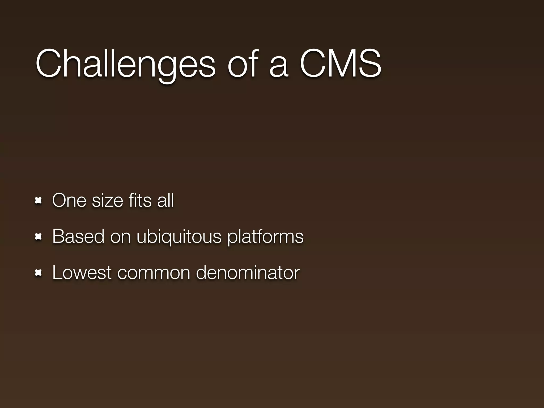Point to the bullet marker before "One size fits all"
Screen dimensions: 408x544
point(39,201)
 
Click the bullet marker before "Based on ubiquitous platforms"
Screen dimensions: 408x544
point(39,237)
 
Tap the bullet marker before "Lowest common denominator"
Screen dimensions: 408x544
point(39,273)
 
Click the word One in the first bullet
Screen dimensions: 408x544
point(69,200)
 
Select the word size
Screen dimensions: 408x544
point(107,201)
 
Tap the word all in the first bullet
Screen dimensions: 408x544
point(165,200)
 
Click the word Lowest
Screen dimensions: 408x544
point(82,273)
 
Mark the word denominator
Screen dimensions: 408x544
point(248,273)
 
